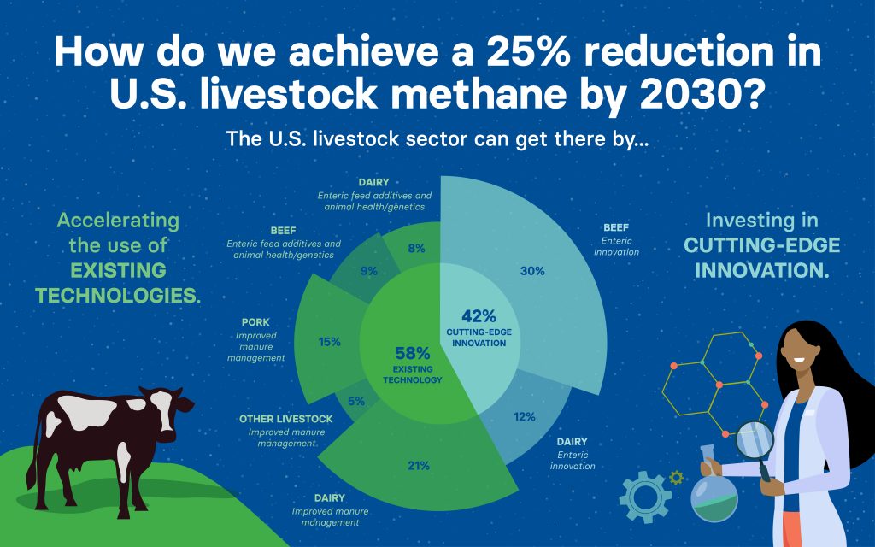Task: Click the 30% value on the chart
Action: click(x=532, y=271)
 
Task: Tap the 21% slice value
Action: click(x=419, y=466)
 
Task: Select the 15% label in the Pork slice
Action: click(x=329, y=342)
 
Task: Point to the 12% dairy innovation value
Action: click(x=525, y=417)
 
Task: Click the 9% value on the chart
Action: click(x=369, y=271)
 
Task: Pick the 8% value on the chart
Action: click(x=416, y=249)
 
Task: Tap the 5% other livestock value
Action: click(x=356, y=402)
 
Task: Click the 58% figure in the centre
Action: click(x=413, y=353)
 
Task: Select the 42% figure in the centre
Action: click(x=479, y=316)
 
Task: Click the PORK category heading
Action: click(x=255, y=322)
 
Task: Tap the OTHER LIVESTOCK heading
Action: click(x=285, y=419)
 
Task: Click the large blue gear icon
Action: click(x=646, y=497)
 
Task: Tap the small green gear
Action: click(x=677, y=478)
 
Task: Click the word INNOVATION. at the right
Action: click(x=761, y=271)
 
